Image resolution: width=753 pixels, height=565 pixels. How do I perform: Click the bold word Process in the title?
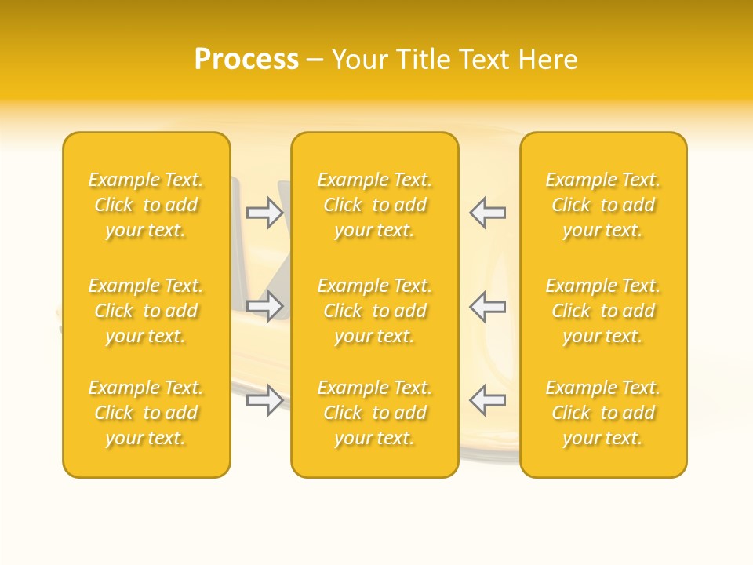[x=246, y=60]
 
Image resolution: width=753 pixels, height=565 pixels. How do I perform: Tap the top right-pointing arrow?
[x=264, y=213]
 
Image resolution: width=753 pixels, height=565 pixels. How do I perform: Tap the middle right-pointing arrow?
[x=264, y=306]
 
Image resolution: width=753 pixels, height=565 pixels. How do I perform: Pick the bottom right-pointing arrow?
[x=264, y=400]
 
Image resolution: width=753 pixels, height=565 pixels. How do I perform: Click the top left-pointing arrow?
[x=487, y=213]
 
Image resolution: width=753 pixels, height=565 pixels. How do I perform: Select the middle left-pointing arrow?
[x=487, y=306]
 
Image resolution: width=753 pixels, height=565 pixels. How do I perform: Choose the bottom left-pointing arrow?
[x=487, y=400]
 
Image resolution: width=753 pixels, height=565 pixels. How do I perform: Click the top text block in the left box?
[x=146, y=205]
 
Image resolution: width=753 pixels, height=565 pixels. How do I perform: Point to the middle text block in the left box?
[x=146, y=311]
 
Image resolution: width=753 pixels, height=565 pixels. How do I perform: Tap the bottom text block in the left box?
[x=146, y=413]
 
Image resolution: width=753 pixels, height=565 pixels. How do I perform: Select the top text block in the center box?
[x=374, y=205]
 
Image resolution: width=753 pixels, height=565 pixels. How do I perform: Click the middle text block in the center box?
[x=374, y=311]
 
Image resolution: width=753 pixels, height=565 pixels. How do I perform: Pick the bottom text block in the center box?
[x=374, y=413]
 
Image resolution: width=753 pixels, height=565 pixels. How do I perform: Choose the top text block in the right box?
[x=602, y=205]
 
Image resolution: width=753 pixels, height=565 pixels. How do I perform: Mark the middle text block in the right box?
[x=602, y=311]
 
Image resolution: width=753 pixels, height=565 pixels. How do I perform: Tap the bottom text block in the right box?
[x=602, y=413]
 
